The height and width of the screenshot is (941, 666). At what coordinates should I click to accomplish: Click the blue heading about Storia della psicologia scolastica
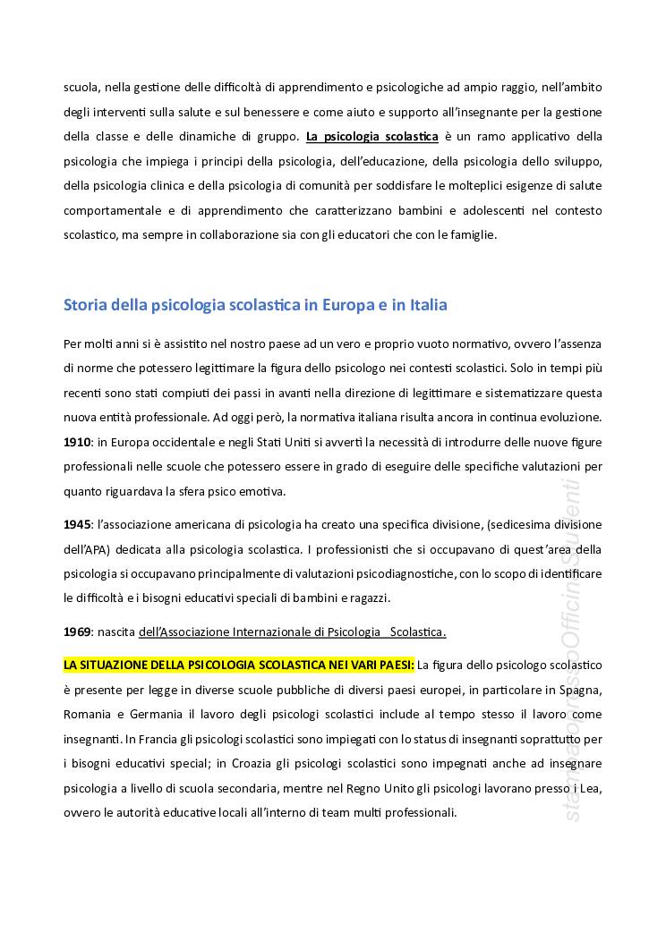click(255, 305)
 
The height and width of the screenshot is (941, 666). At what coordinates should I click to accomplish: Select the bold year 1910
click(77, 443)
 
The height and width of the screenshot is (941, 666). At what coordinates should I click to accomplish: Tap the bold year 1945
click(77, 524)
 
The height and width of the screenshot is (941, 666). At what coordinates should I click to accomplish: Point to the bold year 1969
click(77, 632)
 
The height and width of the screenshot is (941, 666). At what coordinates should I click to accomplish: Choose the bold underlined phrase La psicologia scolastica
click(371, 138)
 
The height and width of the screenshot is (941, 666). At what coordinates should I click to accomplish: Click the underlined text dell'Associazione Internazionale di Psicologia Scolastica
click(292, 632)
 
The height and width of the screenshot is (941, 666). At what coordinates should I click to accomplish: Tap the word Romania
click(88, 715)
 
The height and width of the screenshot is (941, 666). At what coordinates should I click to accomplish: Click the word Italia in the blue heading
click(425, 305)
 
